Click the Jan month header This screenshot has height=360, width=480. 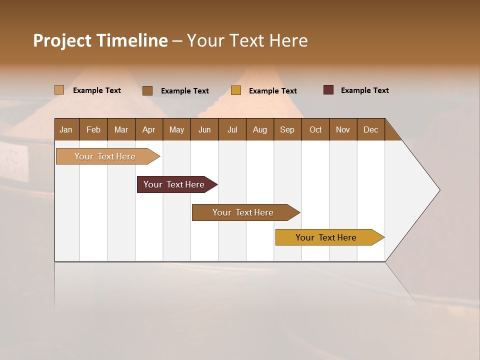pos(66,129)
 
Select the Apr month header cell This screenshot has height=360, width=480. pos(149,129)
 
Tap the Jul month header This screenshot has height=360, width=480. pos(232,129)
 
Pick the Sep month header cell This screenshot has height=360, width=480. pos(287,129)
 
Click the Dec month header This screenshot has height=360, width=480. pos(370,129)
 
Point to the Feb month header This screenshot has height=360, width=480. pos(93,129)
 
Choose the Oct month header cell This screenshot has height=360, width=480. pos(315,129)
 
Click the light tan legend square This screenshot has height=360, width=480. pos(59,90)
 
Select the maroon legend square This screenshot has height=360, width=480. pos(328,90)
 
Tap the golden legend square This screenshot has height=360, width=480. pos(236,90)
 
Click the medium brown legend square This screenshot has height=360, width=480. pos(147,90)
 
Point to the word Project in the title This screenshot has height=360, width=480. pos(62,40)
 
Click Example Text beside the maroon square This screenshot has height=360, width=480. pos(364,90)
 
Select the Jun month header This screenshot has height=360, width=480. pos(204,129)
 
